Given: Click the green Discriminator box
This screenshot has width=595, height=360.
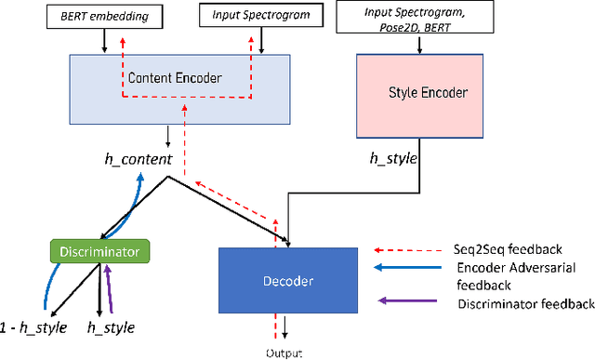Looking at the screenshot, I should pos(100,251).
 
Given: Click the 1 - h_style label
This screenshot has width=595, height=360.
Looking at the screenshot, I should pos(33,327).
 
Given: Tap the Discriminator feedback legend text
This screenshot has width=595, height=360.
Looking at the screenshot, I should pos(525,303).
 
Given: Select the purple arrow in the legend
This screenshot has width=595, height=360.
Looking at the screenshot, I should pos(408,301).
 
